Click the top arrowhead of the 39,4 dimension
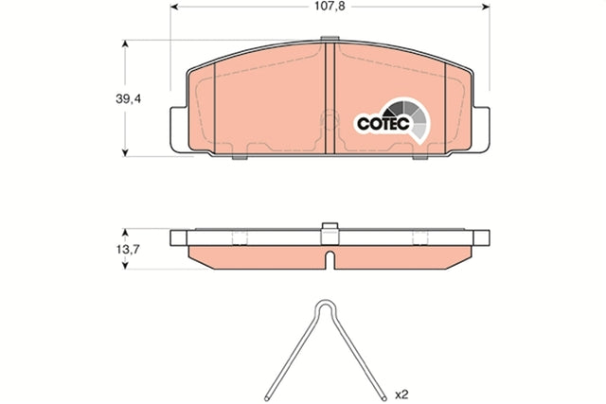125,44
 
